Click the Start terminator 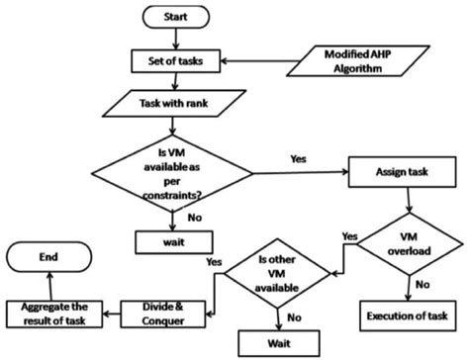pos(175,17)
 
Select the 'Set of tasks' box pos(175,58)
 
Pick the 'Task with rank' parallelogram pos(175,101)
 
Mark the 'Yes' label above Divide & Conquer pos(213,261)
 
